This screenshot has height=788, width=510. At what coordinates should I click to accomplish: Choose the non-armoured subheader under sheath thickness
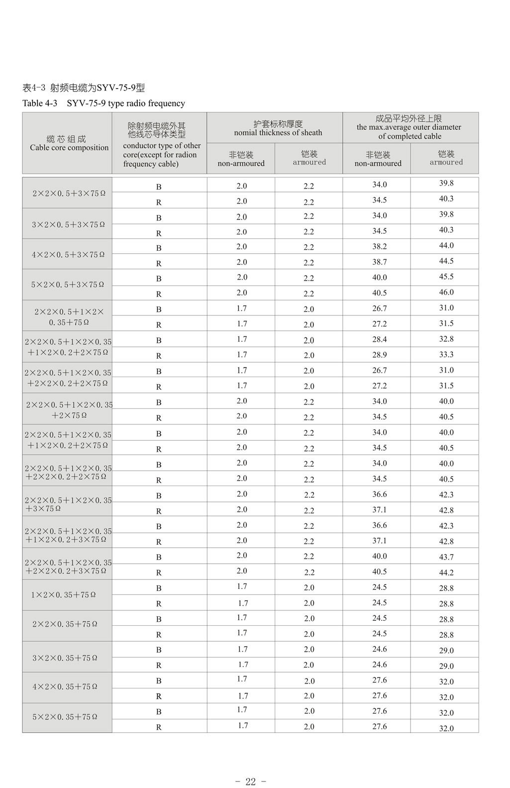tap(241, 159)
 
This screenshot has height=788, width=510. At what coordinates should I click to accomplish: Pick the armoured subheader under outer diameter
tap(446, 158)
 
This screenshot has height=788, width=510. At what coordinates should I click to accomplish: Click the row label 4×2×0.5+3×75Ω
tap(68, 255)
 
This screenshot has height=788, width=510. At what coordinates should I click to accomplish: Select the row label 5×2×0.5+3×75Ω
tap(68, 285)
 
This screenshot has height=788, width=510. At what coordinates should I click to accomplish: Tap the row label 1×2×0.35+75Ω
tap(63, 595)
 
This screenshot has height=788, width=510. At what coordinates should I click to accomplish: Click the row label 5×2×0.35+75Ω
tap(65, 717)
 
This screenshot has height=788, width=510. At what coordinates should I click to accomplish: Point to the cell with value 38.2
tap(379, 247)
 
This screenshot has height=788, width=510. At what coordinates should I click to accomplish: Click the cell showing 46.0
tap(446, 293)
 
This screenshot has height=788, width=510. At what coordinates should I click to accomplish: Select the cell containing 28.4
tap(379, 339)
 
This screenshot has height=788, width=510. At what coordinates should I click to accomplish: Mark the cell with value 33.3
tap(446, 355)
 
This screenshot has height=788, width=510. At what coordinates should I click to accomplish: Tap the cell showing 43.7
tap(446, 557)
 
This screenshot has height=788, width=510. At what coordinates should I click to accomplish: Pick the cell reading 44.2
tap(446, 573)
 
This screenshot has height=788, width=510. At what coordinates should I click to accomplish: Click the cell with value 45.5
tap(446, 277)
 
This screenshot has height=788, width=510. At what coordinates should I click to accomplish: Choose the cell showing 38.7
tap(379, 262)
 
